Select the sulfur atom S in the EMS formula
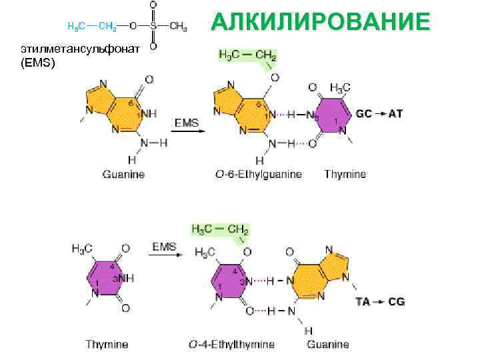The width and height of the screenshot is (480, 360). coord(153,27)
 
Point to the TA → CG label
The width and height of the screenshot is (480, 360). coord(380,301)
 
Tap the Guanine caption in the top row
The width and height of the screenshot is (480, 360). coord(123,175)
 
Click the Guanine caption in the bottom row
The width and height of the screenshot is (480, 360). coord(327,345)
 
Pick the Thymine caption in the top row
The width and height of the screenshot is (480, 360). coord(345,175)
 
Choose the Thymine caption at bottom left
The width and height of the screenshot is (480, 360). coord(107,345)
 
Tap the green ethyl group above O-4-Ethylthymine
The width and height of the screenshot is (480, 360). coord(219,229)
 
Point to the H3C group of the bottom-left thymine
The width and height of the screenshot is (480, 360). coord(83,248)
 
